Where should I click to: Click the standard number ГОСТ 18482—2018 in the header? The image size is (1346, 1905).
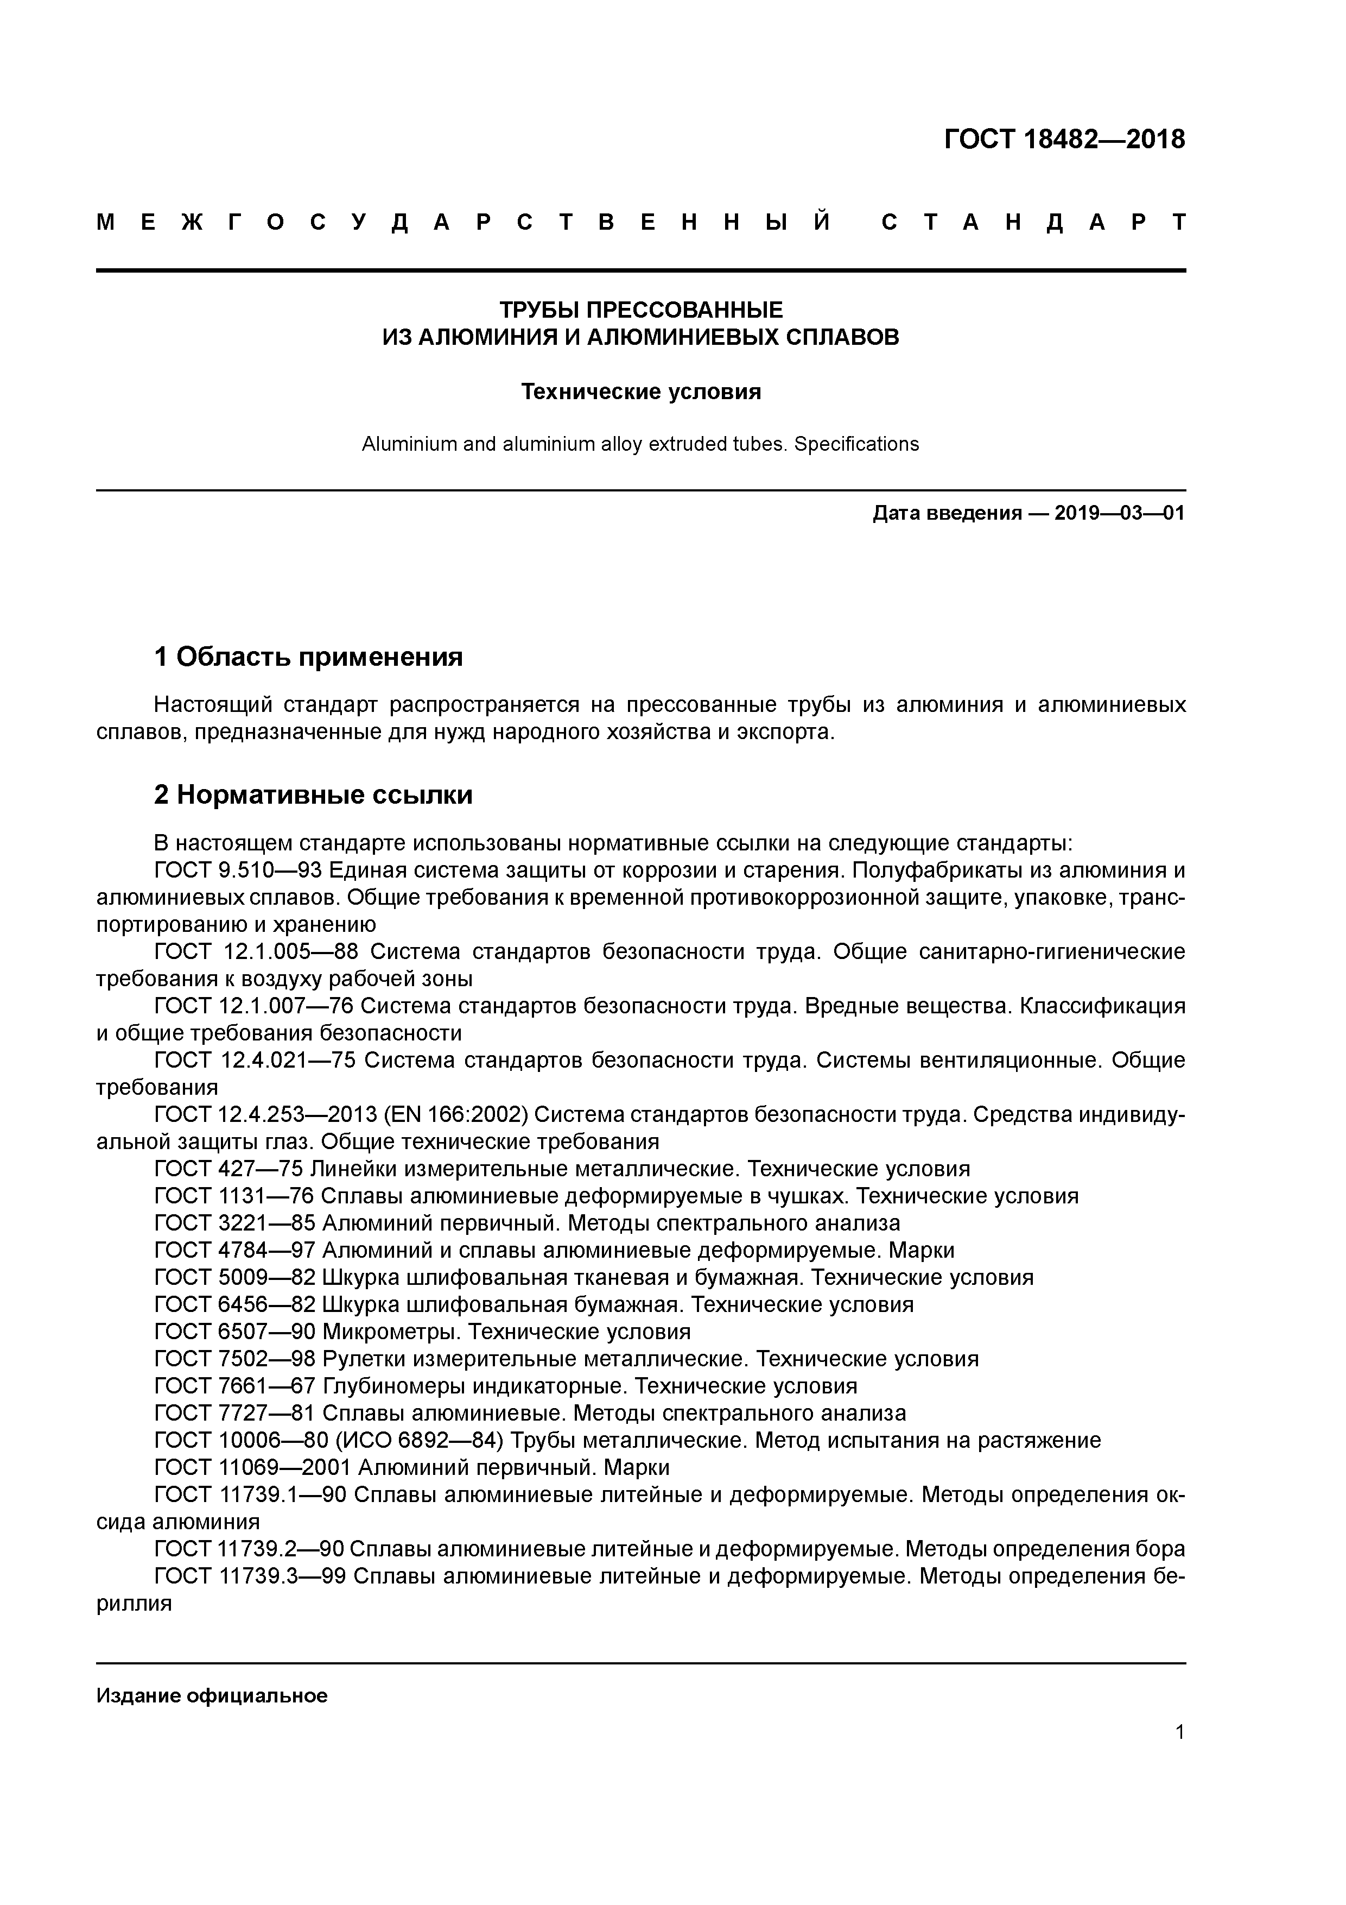(x=1064, y=140)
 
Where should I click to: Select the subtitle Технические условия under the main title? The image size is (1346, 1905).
(x=640, y=392)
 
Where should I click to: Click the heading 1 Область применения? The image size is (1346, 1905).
(x=308, y=657)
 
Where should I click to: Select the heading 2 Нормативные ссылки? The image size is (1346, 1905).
(x=314, y=795)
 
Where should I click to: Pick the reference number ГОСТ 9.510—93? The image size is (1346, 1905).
(x=238, y=871)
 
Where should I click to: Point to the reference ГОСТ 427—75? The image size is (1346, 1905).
(x=229, y=1169)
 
